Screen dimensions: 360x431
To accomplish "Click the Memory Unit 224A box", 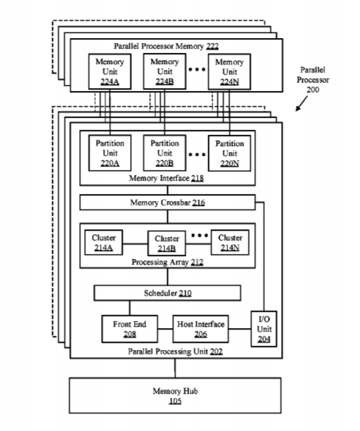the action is [x=109, y=71].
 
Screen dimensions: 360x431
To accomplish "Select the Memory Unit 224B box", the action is [x=164, y=71].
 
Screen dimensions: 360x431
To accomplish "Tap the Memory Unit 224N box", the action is [x=229, y=72].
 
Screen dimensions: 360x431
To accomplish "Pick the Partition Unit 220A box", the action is [x=109, y=153].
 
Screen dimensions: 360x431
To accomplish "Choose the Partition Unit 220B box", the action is [x=164, y=153].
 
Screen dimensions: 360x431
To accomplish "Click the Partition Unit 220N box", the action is [x=229, y=153].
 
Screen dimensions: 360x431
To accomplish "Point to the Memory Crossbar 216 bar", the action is [x=167, y=202].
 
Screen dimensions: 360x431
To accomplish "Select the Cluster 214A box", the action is [x=104, y=243].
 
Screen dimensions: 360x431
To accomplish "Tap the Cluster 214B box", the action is [x=167, y=243].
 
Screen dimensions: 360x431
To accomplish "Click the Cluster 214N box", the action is [x=230, y=243].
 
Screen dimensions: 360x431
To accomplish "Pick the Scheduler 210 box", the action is [x=167, y=293].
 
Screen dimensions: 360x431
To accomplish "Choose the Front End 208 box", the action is [x=130, y=329].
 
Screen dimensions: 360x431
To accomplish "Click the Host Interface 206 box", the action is [x=200, y=329].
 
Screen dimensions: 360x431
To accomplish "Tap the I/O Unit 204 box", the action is [x=264, y=329].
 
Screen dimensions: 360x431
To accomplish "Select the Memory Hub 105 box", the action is [x=175, y=396].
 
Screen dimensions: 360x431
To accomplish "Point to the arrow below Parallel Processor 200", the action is [x=301, y=104].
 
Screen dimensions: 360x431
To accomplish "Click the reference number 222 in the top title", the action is [x=212, y=46].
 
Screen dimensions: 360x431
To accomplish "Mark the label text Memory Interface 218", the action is [x=166, y=178].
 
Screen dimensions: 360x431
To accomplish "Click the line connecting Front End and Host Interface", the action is [x=165, y=329].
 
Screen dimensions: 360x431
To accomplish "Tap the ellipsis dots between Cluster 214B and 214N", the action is [x=200, y=236].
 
